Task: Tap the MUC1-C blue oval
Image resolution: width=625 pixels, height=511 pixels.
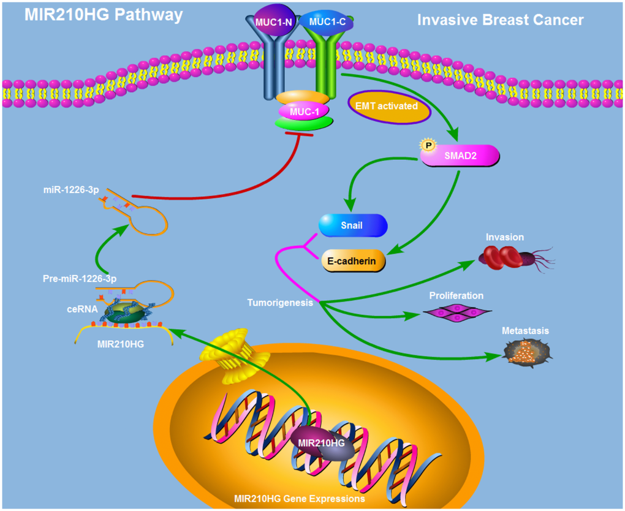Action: (x=330, y=22)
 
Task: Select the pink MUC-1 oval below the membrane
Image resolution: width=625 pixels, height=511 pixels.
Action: (x=302, y=111)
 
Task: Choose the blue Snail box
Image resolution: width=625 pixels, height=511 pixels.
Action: (x=352, y=225)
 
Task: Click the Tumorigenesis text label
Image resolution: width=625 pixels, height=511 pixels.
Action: (x=281, y=303)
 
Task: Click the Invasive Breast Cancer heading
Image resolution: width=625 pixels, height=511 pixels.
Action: (x=501, y=20)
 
